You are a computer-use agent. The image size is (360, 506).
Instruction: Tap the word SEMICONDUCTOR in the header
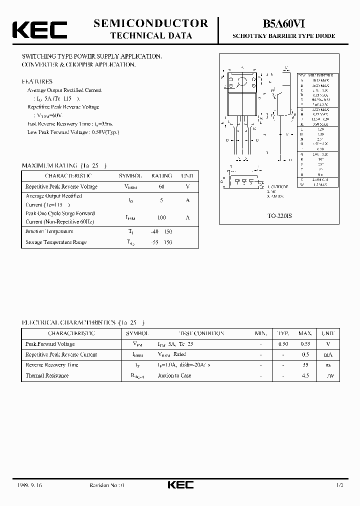point(151,23)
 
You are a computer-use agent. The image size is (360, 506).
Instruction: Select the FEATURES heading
point(37,81)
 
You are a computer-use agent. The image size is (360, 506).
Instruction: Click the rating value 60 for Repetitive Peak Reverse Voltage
point(161,186)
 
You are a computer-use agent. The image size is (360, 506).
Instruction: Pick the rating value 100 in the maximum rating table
point(161,217)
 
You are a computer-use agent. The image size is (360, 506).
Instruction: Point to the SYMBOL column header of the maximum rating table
point(130,176)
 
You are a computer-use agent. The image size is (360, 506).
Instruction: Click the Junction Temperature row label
point(49,231)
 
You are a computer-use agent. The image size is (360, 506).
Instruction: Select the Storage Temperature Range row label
point(56,242)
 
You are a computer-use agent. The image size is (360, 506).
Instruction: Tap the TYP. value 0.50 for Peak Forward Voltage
point(283,344)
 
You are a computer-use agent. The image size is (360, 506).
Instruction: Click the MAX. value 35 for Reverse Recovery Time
point(305,365)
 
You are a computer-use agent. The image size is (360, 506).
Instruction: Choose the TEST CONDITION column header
point(201,333)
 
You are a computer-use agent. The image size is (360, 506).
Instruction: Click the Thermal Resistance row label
point(47,375)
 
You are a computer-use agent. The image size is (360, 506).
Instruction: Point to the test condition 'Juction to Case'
point(174,375)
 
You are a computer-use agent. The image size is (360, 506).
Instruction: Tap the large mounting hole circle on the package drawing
point(242,82)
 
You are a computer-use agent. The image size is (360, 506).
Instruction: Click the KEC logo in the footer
point(179,485)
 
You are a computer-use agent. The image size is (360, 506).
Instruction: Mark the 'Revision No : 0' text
point(106,485)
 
